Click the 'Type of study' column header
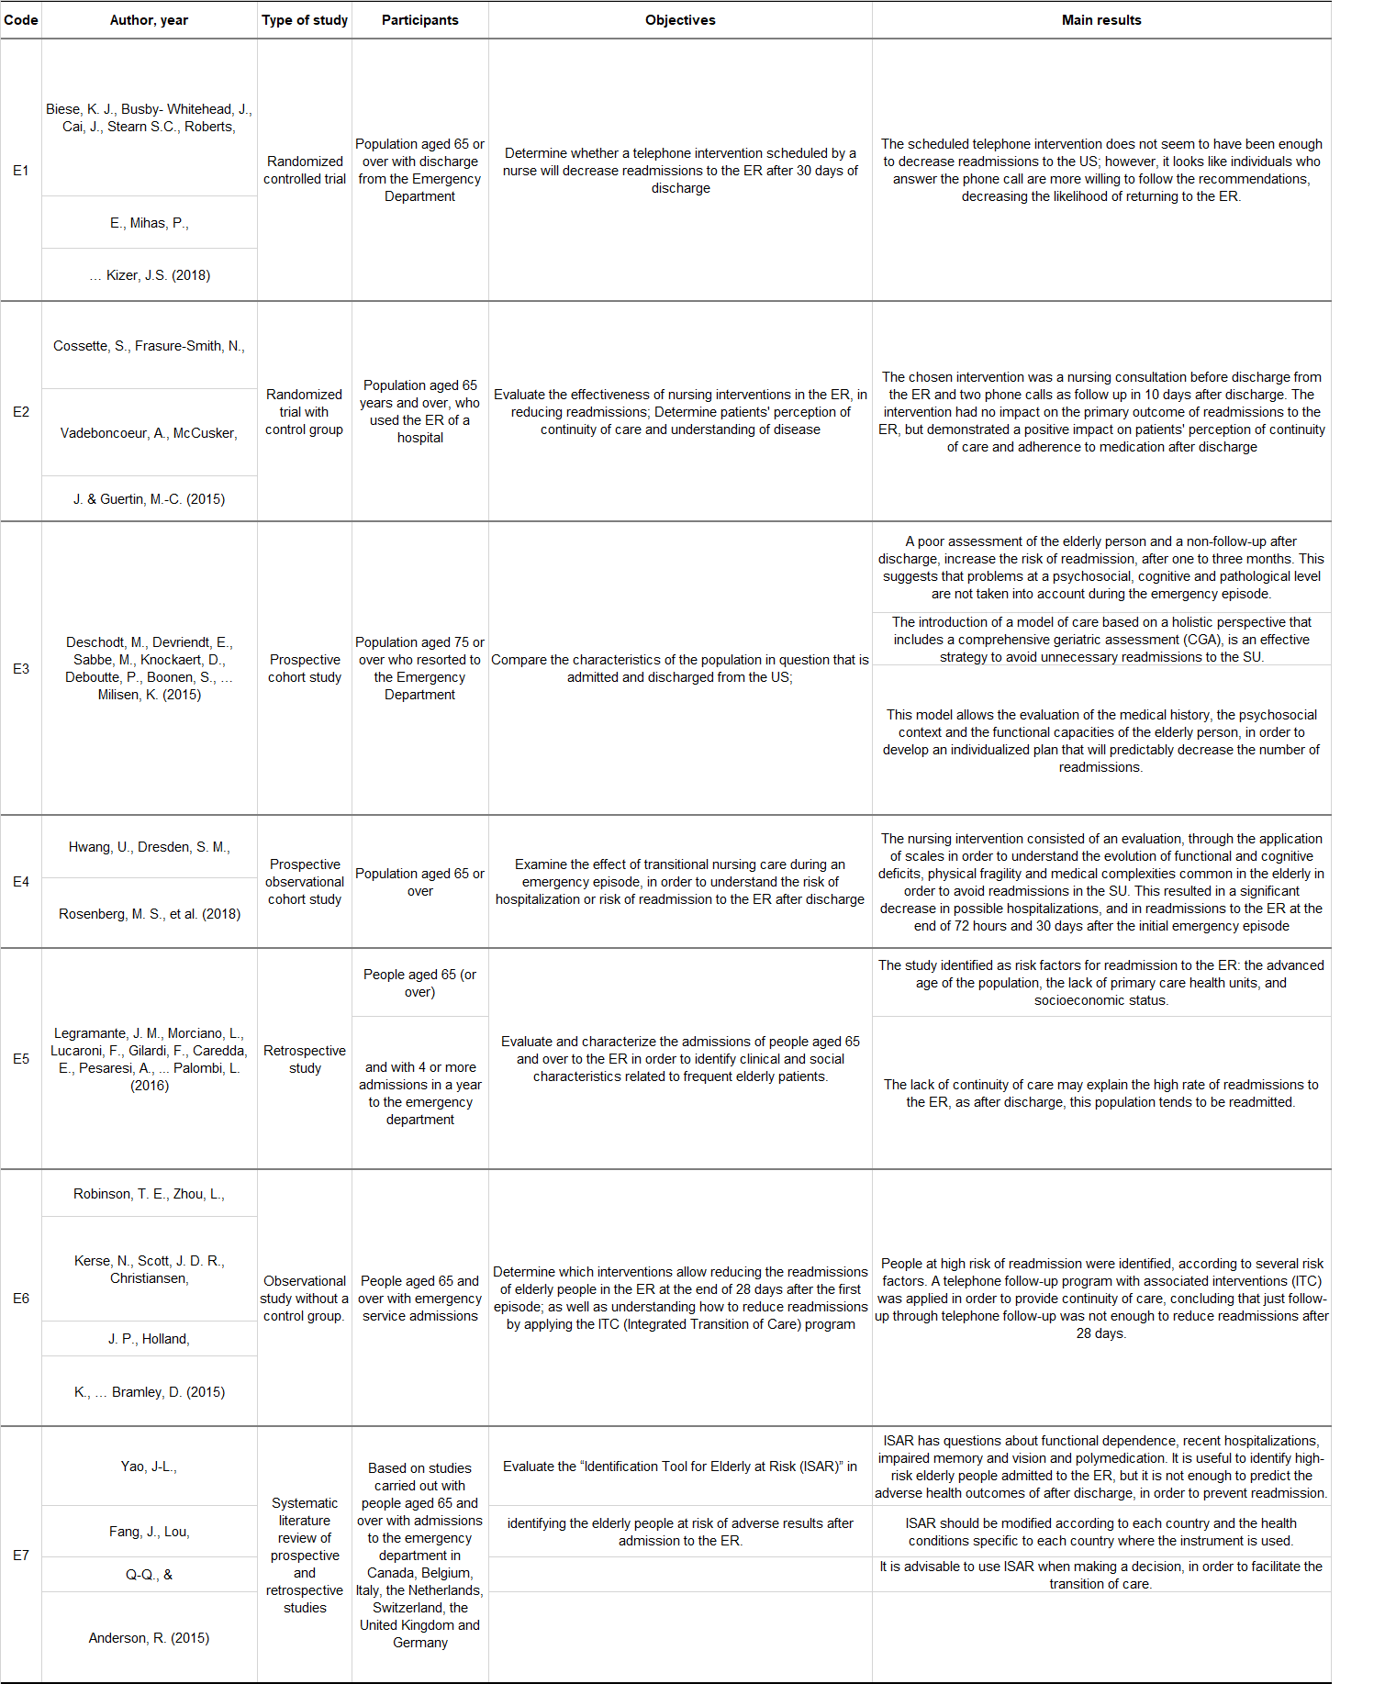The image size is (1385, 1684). (x=305, y=20)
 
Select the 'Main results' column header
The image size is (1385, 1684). (x=1100, y=20)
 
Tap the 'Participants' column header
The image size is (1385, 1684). (x=419, y=20)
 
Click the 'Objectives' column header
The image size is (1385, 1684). (x=680, y=20)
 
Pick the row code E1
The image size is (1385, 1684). (x=21, y=171)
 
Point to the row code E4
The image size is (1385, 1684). (x=21, y=882)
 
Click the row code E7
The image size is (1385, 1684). (x=21, y=1556)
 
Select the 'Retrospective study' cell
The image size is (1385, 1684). (x=305, y=1059)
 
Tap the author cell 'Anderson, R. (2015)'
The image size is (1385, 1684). (x=149, y=1638)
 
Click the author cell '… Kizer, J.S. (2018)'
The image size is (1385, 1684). (x=150, y=275)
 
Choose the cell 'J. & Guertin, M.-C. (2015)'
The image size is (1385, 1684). (x=149, y=499)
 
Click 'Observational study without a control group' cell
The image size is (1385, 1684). (x=305, y=1299)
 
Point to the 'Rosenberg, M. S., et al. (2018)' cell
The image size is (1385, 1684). (x=150, y=914)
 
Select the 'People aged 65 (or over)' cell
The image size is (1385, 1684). (x=419, y=983)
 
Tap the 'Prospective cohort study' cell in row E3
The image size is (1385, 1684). (x=305, y=668)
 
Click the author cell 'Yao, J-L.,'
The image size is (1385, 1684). (x=149, y=1467)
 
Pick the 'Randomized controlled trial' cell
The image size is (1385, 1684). (x=305, y=171)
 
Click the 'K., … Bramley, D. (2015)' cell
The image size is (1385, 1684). (x=150, y=1392)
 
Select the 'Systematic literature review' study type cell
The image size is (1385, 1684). (x=305, y=1556)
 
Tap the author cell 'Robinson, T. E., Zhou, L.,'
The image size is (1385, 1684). (x=149, y=1194)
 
